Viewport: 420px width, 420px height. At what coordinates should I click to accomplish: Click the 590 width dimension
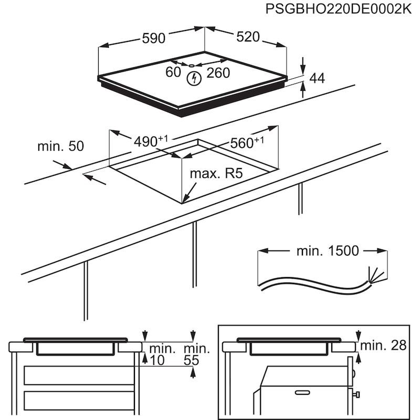pos(154,38)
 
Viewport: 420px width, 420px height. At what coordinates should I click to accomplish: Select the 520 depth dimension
pos(248,37)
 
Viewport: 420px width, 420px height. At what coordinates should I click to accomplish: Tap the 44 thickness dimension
pos(317,79)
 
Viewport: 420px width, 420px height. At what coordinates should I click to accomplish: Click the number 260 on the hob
pos(218,73)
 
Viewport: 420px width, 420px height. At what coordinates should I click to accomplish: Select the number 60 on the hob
pos(173,72)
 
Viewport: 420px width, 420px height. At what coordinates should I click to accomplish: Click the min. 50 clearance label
pos(60,146)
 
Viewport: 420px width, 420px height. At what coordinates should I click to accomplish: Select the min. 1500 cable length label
pos(328,251)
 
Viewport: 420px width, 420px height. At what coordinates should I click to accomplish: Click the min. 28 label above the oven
pos(384,345)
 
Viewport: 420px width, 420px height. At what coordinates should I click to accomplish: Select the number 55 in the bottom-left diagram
pos(192,361)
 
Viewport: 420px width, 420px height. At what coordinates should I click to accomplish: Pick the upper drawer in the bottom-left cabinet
pos(79,375)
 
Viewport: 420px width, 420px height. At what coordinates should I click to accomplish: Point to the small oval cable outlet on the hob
pos(192,66)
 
